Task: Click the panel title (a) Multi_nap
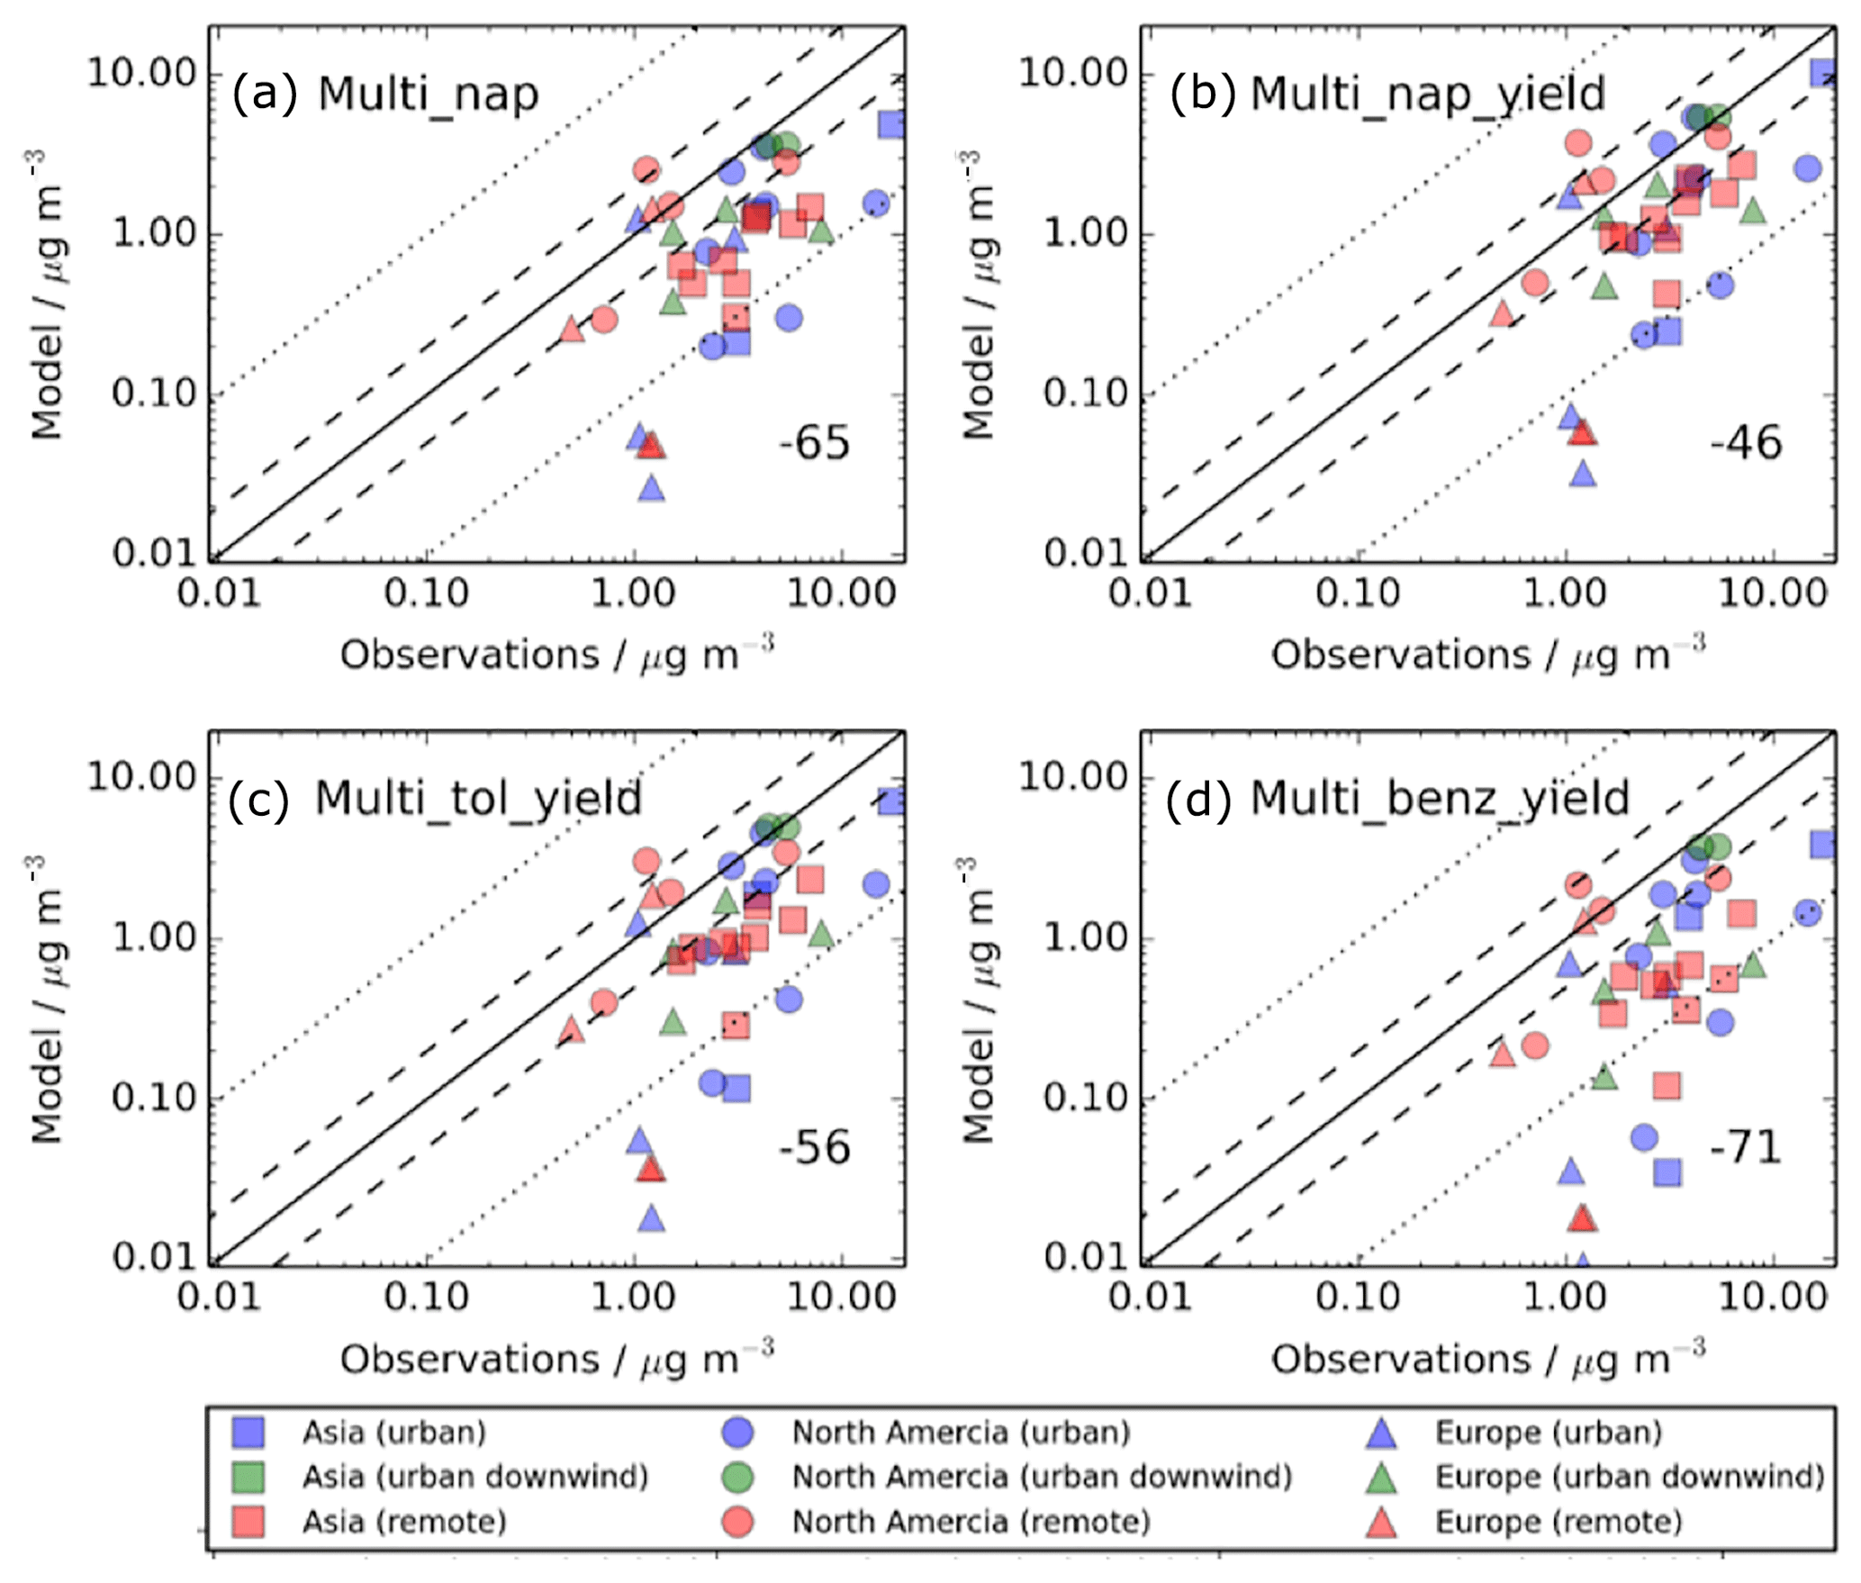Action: pyautogui.click(x=384, y=94)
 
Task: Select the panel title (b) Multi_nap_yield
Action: pyautogui.click(x=1387, y=94)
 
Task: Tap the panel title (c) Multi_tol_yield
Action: pyautogui.click(x=435, y=799)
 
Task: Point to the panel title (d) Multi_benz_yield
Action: pyautogui.click(x=1396, y=799)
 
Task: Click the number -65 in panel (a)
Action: pyautogui.click(x=814, y=443)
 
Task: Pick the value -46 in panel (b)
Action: pyautogui.click(x=1745, y=443)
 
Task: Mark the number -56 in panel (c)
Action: pyautogui.click(x=814, y=1148)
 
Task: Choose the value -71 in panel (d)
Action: pyautogui.click(x=1745, y=1148)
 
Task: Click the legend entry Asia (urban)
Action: pyautogui.click(x=393, y=1433)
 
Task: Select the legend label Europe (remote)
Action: pyautogui.click(x=1558, y=1522)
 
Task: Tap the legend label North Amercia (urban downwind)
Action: pyautogui.click(x=1042, y=1477)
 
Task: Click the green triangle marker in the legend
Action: pyautogui.click(x=1381, y=1478)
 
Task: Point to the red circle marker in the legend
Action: pyautogui.click(x=737, y=1522)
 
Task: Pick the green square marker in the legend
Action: pyautogui.click(x=248, y=1477)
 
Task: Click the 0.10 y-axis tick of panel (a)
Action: pyautogui.click(x=153, y=393)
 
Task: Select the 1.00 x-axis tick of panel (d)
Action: pyautogui.click(x=1566, y=1297)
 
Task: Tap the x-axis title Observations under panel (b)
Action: pyautogui.click(x=1400, y=655)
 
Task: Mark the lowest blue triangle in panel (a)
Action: pyautogui.click(x=652, y=489)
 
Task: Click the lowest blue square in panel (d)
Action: pyautogui.click(x=1667, y=1172)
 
